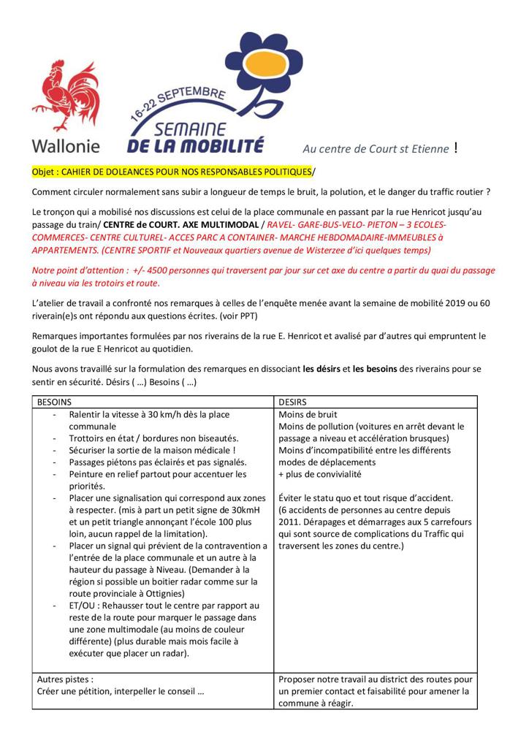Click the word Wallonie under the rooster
[66, 145]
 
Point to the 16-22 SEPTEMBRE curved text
[178, 102]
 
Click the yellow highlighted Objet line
[172, 172]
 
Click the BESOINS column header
[56, 402]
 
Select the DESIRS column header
[294, 402]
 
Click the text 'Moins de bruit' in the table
[308, 415]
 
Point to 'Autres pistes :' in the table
[65, 679]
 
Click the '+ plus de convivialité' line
[320, 474]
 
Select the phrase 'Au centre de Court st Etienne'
[376, 150]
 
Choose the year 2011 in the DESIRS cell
[291, 522]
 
